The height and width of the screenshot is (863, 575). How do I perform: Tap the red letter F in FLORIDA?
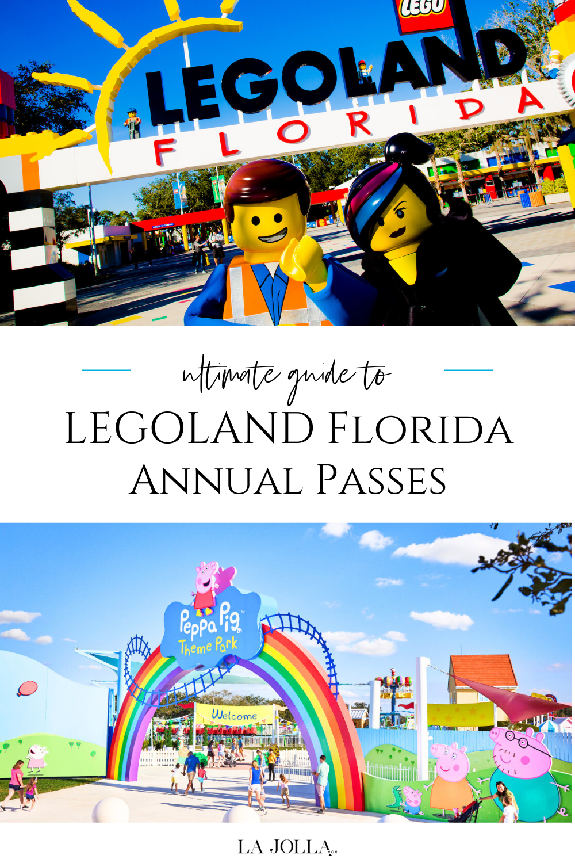tap(163, 151)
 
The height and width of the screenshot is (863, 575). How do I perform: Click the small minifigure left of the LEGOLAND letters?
tap(133, 123)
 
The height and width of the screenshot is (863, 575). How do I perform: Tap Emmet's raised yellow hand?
tap(303, 260)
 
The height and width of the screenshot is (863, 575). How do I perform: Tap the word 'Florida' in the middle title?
tap(420, 429)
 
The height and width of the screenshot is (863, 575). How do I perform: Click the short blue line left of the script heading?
tap(106, 370)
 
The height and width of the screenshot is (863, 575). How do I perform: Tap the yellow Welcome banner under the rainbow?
tap(234, 715)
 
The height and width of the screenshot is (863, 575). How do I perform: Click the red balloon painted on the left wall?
tap(27, 688)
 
